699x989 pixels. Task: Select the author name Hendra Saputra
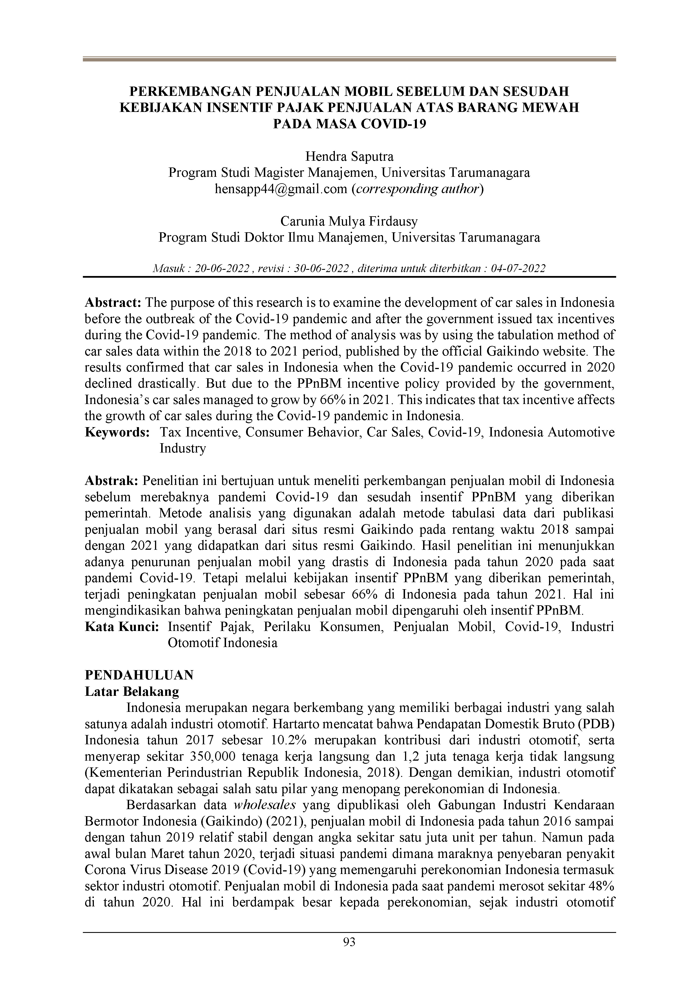click(349, 156)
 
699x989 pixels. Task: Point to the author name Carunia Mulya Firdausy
click(349, 221)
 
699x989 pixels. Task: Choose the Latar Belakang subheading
click(132, 691)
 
